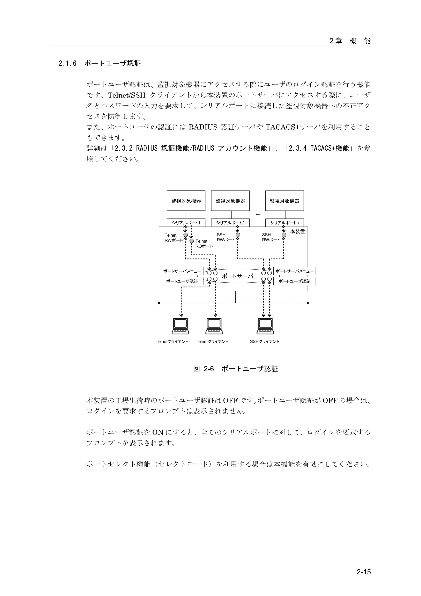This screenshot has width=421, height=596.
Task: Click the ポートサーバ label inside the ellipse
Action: point(237,276)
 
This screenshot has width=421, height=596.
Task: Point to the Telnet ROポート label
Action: point(204,244)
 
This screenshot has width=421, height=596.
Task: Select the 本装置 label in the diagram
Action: point(297,231)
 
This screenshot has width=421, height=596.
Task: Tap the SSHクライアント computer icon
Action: point(265,326)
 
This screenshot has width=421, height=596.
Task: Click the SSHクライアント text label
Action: point(264,341)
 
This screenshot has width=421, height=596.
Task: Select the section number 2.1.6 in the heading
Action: point(67,64)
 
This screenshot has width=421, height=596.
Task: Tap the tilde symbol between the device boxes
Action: point(258,215)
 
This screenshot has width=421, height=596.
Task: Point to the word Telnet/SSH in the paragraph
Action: point(127,95)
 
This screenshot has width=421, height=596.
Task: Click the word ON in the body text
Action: point(158,432)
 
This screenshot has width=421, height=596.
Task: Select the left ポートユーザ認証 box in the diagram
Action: point(182,281)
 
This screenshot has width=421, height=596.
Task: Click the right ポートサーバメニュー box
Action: point(294,271)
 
